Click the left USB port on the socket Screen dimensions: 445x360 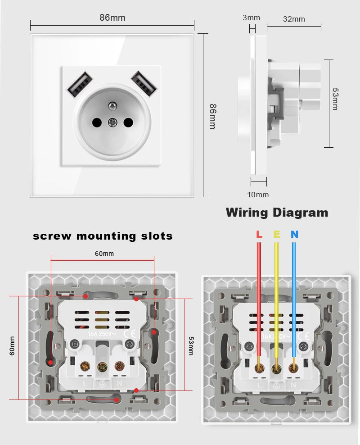79,84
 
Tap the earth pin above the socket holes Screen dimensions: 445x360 112,106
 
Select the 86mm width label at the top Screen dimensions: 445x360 112,18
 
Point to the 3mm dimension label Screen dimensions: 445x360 251,18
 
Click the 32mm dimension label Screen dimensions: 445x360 294,18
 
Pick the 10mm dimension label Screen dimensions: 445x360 258,195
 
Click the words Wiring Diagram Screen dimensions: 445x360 277,212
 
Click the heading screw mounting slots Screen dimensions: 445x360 103,236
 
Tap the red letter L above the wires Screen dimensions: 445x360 259,234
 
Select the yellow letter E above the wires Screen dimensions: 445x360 277,234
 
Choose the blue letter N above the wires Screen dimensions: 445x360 294,234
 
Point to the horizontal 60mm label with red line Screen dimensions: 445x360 104,254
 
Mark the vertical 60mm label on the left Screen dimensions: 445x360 12,346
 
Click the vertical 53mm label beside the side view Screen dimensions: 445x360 335,99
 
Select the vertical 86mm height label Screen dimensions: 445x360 212,116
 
